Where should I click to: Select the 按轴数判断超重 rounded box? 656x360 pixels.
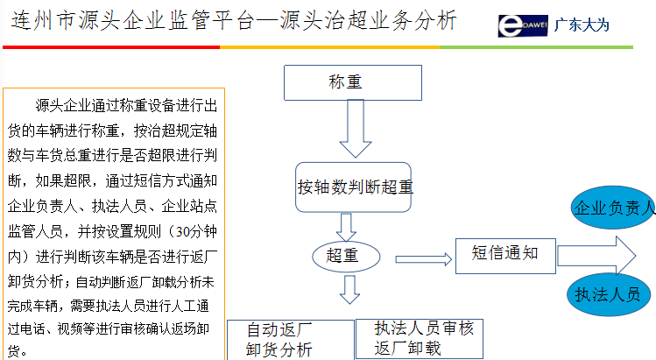[x=354, y=187]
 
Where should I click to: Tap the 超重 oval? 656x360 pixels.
[x=346, y=255]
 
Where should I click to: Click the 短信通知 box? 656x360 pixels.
[x=505, y=255]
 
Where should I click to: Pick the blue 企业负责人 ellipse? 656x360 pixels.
[x=613, y=208]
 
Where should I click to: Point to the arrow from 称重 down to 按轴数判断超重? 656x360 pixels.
[x=356, y=131]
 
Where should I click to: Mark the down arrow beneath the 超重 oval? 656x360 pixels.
[x=349, y=289]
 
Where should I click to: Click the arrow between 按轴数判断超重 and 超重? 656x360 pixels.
[x=347, y=227]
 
